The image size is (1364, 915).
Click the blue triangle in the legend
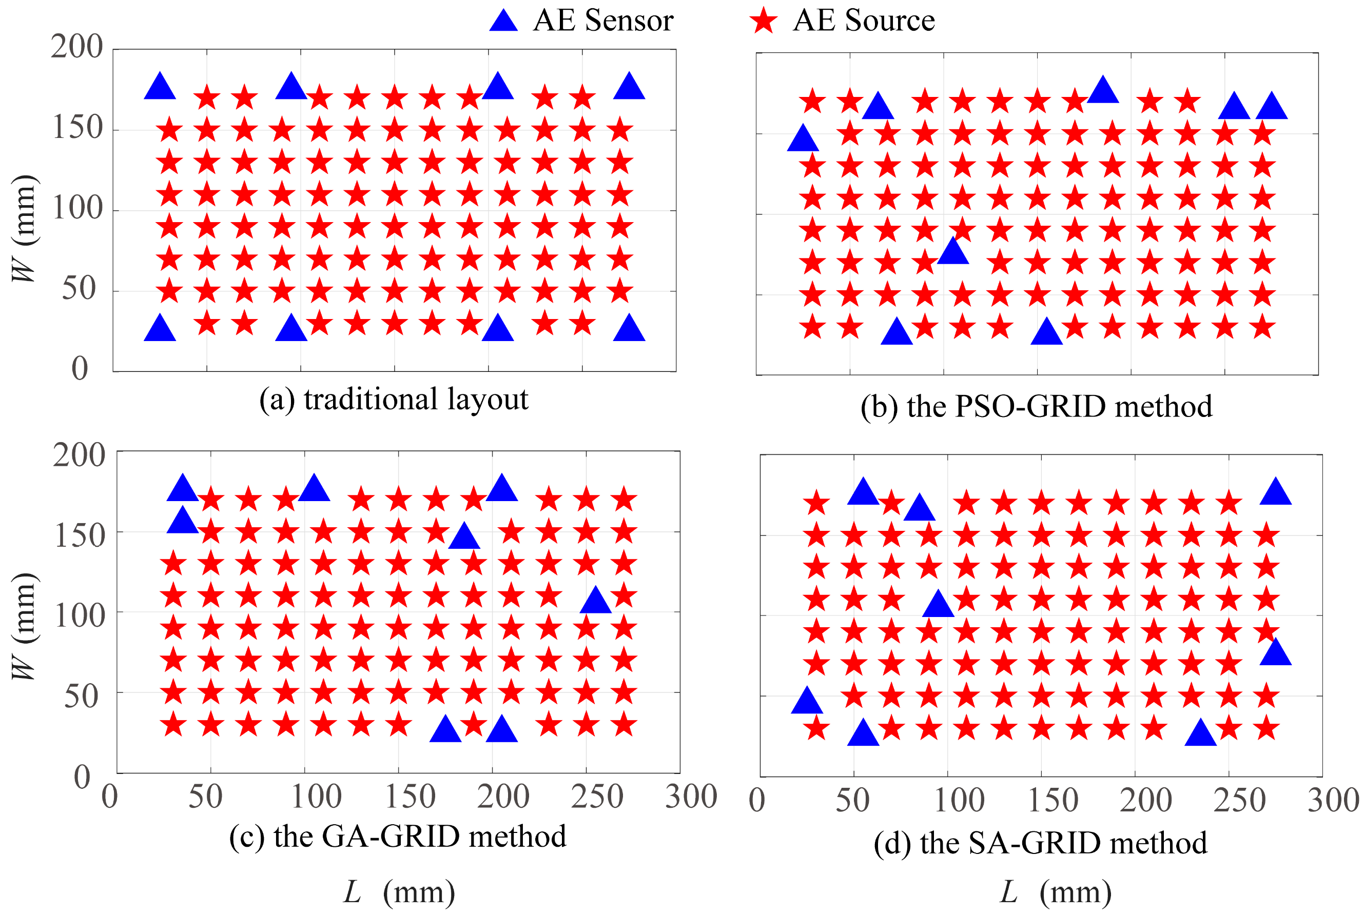[503, 21]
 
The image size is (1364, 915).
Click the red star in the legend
[763, 21]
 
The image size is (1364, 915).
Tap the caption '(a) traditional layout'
[394, 400]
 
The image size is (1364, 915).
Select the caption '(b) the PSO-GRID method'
[1037, 407]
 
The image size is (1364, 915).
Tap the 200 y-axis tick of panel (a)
[76, 47]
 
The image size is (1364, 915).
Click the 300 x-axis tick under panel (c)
[691, 797]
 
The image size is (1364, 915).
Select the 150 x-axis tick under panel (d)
[1053, 800]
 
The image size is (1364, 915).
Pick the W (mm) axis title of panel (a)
[25, 228]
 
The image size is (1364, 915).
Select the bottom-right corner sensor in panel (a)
[629, 329]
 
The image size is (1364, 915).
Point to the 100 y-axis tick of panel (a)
[77, 208]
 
